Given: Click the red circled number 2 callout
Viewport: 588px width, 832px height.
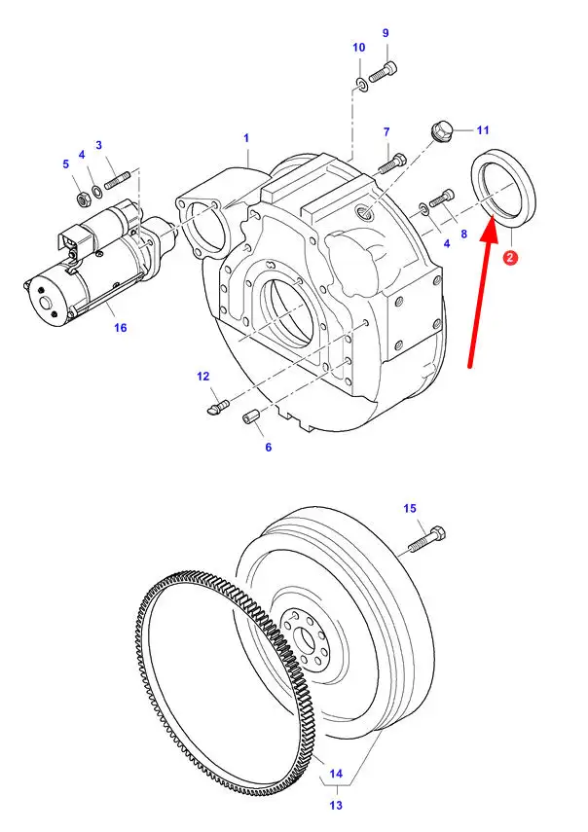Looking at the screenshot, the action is [x=510, y=258].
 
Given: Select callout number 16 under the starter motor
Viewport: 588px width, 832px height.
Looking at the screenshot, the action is [x=121, y=327].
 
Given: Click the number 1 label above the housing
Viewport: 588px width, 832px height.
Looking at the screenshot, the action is [x=246, y=138].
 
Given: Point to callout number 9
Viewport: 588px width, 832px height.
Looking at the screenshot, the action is [x=386, y=33].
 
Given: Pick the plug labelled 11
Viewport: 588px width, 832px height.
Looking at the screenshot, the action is [x=440, y=131].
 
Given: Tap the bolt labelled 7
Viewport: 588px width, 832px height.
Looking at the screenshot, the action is [x=391, y=163].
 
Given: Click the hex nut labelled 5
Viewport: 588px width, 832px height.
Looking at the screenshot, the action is [x=83, y=199].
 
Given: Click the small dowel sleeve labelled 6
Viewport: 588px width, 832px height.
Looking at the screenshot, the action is [x=250, y=417].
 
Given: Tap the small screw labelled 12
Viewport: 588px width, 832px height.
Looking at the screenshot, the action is [x=216, y=407].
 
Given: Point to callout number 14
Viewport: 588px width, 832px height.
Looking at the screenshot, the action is [x=336, y=773].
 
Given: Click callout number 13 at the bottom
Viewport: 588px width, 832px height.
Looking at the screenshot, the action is [x=336, y=805].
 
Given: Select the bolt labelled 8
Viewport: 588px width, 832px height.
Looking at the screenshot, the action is [x=442, y=199].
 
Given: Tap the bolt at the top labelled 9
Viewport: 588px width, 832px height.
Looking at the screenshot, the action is [x=383, y=71].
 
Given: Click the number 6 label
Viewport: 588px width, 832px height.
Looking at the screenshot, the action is [x=268, y=448].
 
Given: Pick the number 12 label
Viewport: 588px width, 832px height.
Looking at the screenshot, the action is [x=203, y=377].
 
